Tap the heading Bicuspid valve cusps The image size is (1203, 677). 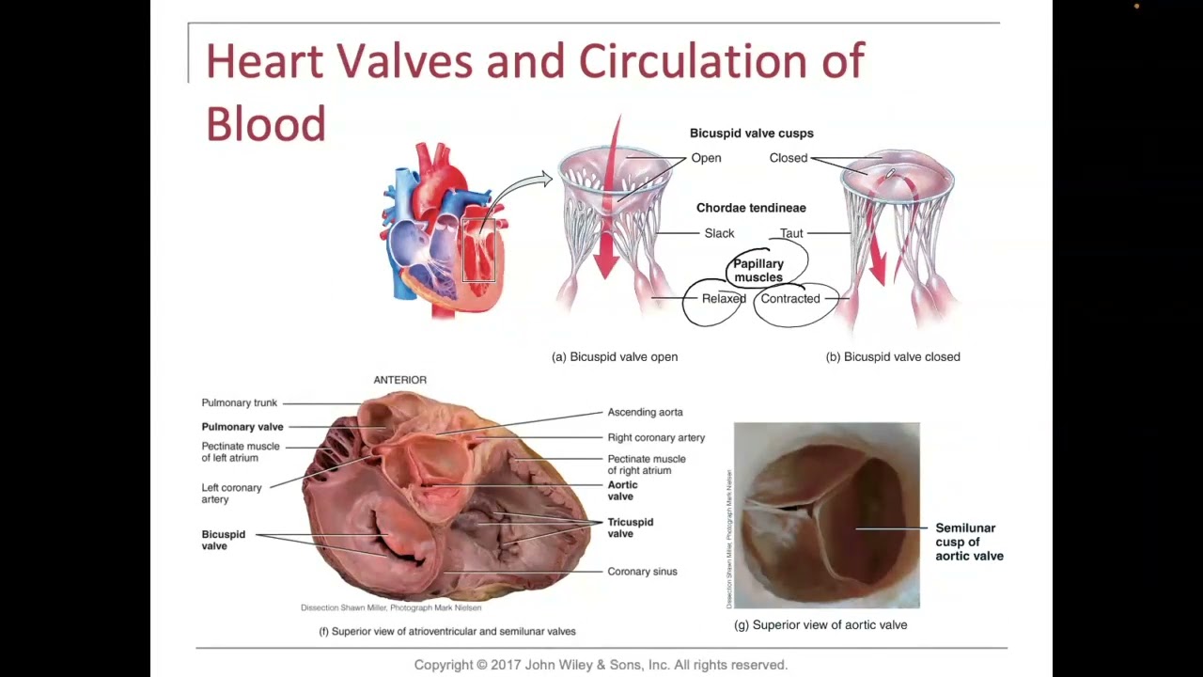tap(751, 134)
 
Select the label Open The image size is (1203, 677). tap(706, 158)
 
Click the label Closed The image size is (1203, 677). tap(788, 158)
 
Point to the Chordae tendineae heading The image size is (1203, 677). tap(750, 208)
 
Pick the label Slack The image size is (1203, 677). tap(719, 233)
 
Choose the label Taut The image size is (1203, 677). tap(791, 233)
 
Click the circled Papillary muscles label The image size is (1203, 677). tap(758, 271)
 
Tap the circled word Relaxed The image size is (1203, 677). tap(724, 299)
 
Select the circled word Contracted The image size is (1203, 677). tap(789, 299)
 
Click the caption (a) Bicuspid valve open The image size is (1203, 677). tap(614, 357)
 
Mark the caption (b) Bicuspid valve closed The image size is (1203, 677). tap(892, 357)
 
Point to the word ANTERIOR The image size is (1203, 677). tap(399, 380)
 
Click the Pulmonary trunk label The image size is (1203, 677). tap(239, 403)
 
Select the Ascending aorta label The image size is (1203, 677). tap(645, 412)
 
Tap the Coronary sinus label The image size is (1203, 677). tap(642, 572)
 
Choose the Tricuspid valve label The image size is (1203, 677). tap(630, 527)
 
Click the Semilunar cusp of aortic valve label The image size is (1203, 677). tap(969, 542)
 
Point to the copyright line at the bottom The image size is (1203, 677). tap(601, 665)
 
